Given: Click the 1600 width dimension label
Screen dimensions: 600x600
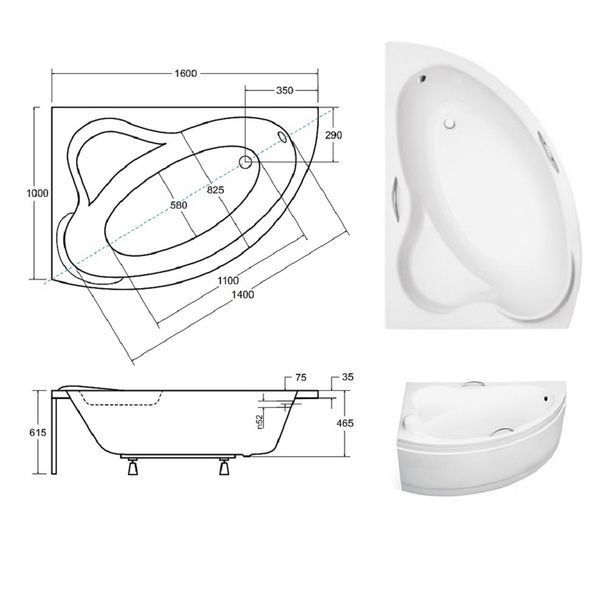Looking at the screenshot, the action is [x=186, y=73].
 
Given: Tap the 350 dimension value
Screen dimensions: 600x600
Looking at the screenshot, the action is [x=284, y=90].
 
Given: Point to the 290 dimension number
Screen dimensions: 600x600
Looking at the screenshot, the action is [x=333, y=135].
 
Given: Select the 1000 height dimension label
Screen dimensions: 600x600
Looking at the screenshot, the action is [x=38, y=193].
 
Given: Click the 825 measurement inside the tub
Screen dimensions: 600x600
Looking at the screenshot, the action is [x=215, y=190].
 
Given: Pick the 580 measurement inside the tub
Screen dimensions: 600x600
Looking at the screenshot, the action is [x=179, y=205].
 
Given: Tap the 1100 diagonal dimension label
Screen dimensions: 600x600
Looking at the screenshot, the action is [x=228, y=280].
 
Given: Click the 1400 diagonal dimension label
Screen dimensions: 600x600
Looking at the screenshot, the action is [x=243, y=294].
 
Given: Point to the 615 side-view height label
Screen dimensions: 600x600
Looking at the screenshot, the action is [x=38, y=432].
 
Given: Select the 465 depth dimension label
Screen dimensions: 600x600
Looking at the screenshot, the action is [x=345, y=423].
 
